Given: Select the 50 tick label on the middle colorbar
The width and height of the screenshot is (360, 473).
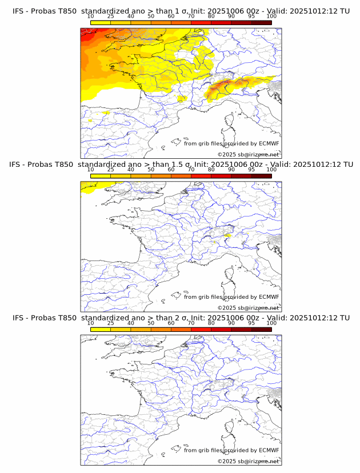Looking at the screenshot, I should pyautogui.click(x=151, y=169).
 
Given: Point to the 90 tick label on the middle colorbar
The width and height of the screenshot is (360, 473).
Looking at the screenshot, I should pyautogui.click(x=231, y=169).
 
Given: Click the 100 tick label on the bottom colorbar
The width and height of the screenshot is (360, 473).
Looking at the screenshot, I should pyautogui.click(x=271, y=323).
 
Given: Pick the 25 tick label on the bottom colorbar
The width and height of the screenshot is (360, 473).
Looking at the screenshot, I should pyautogui.click(x=111, y=323).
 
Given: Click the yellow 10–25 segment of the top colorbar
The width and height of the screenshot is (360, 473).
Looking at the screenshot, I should pyautogui.click(x=101, y=22).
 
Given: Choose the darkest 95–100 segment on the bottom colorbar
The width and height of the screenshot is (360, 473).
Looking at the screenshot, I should pyautogui.click(x=261, y=330).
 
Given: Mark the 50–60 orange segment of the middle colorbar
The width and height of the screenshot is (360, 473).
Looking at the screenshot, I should pyautogui.click(x=161, y=176).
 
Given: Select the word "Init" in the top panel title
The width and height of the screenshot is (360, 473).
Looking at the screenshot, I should pyautogui.click(x=202, y=10).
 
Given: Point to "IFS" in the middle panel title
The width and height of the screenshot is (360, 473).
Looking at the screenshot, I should pyautogui.click(x=18, y=164).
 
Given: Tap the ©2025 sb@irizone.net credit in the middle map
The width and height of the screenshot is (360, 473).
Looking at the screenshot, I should pyautogui.click(x=249, y=308).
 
